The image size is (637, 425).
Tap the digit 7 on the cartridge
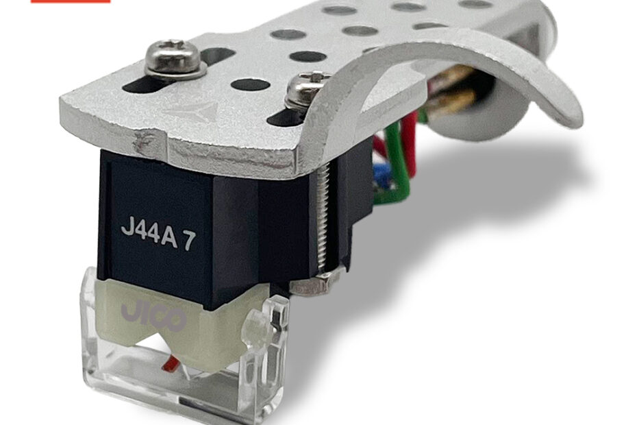(189, 242)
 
